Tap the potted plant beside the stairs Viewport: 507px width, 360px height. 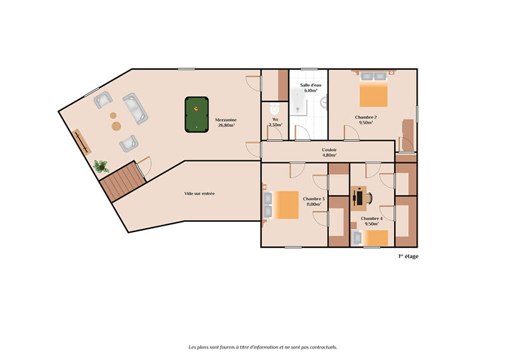(x=100, y=167)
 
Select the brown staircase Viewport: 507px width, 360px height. (x=120, y=181)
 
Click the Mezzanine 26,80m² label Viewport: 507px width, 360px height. (x=225, y=122)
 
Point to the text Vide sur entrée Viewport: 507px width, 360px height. (x=200, y=193)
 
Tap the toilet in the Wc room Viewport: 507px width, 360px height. (x=273, y=108)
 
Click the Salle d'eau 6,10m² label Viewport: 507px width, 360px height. (x=311, y=87)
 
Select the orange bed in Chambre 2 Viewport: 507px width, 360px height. (x=373, y=93)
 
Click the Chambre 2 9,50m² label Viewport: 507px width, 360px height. (x=366, y=120)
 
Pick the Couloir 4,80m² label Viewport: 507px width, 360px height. (x=328, y=152)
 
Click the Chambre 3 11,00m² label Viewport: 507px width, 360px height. (x=314, y=202)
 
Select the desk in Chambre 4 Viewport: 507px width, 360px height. (x=361, y=196)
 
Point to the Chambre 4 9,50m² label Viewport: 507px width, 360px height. (x=370, y=221)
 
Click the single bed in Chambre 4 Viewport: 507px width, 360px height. (x=370, y=238)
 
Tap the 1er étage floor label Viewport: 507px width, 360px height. (x=408, y=257)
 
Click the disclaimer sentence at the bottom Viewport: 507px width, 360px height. (x=262, y=347)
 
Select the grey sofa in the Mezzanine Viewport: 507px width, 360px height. (x=135, y=108)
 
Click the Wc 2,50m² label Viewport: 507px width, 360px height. (x=276, y=122)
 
